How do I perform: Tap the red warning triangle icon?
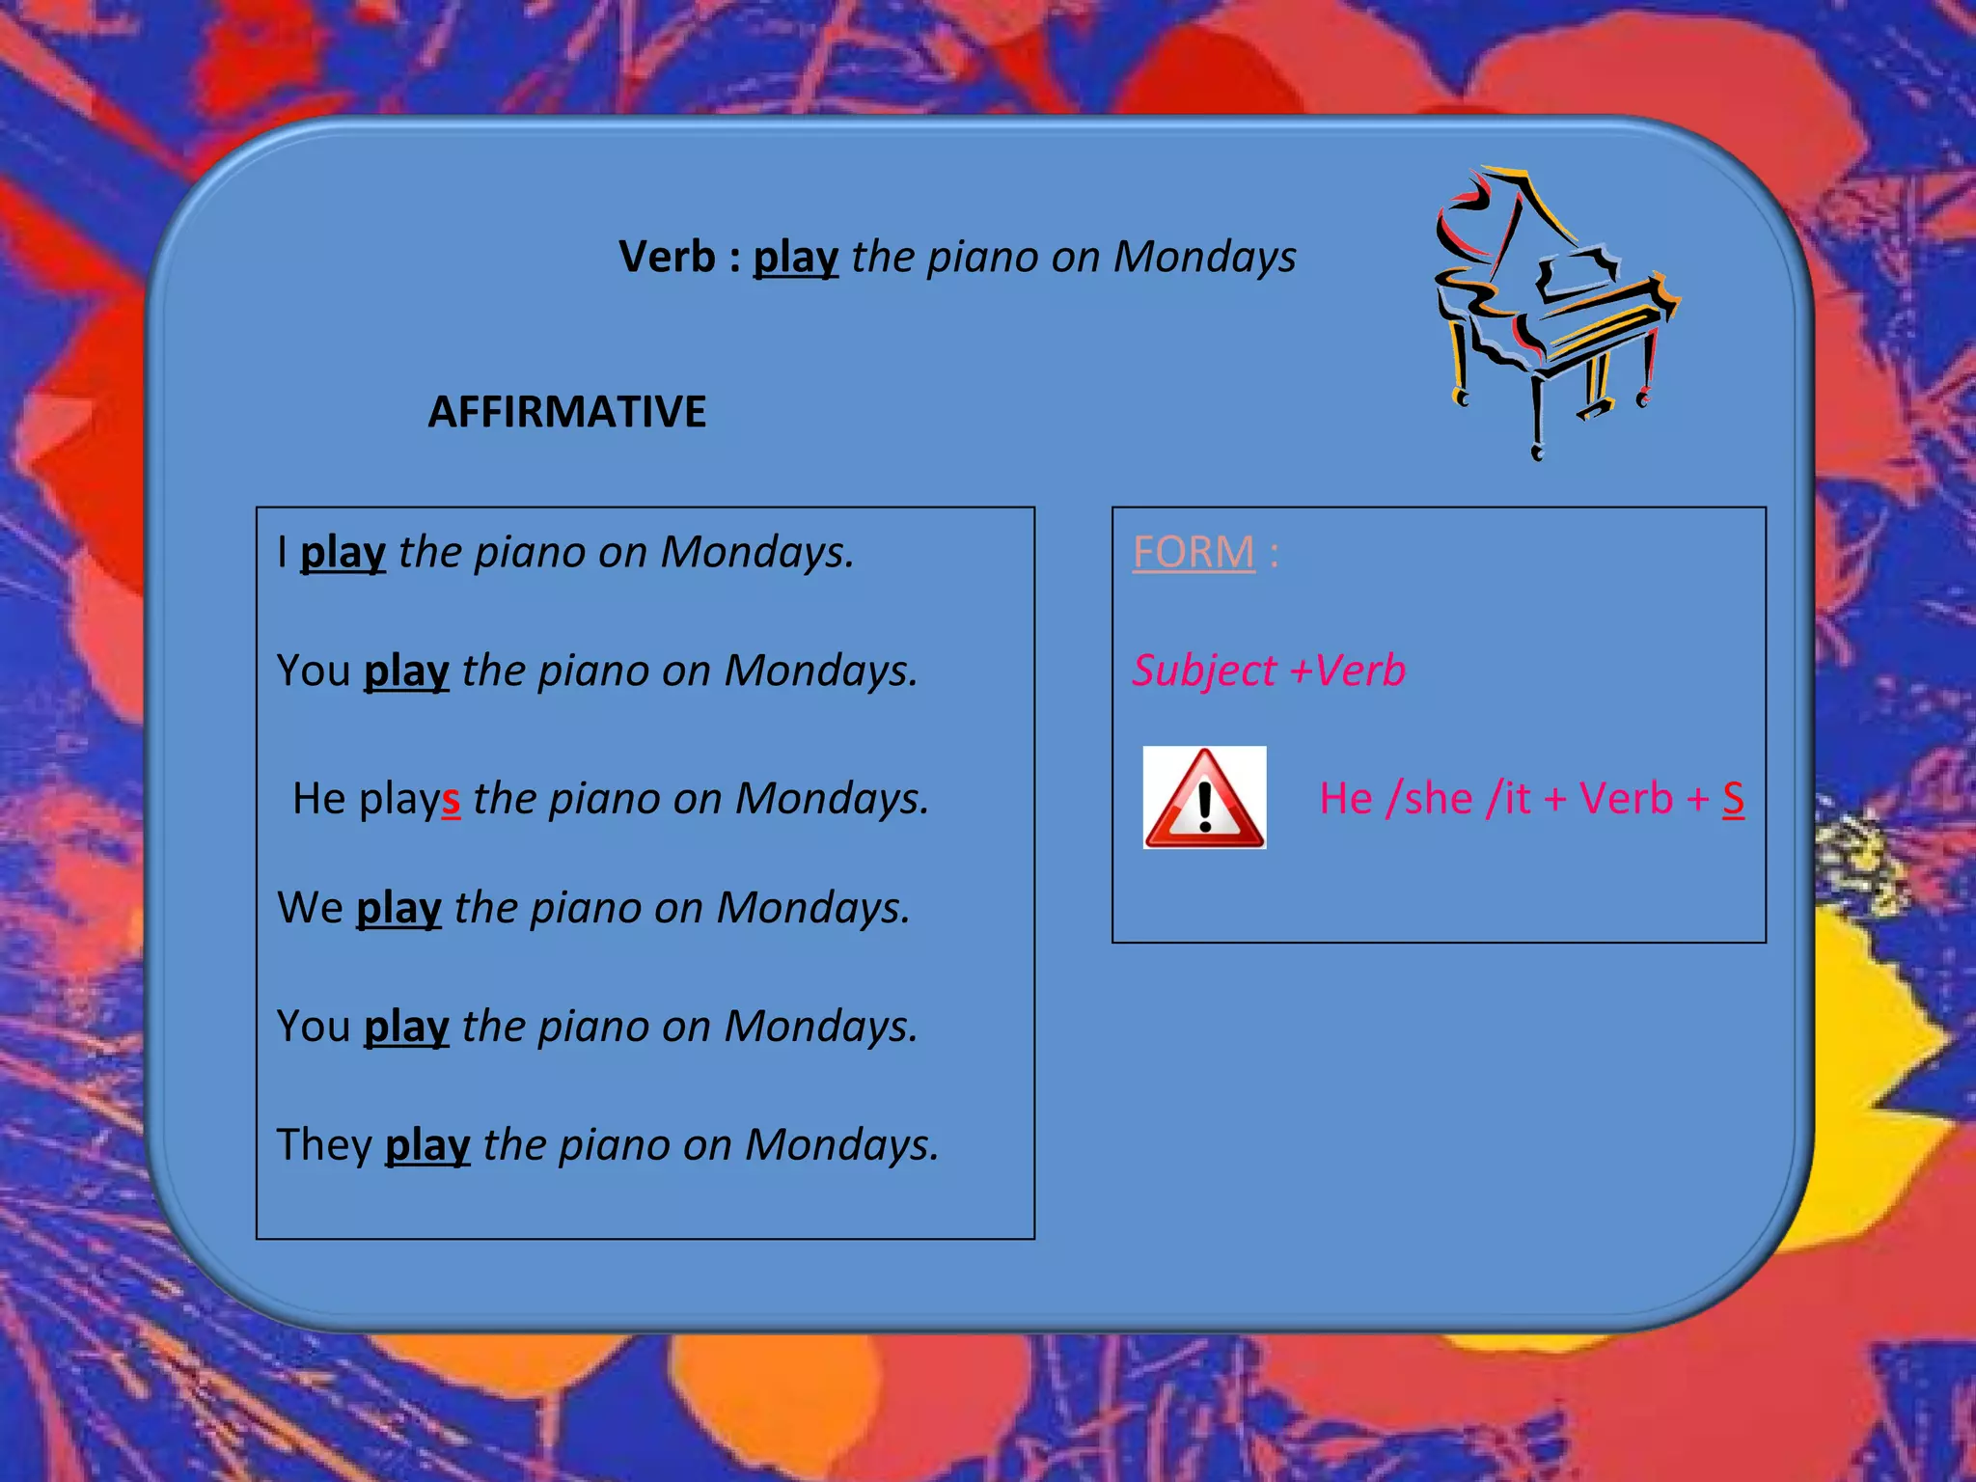1203,798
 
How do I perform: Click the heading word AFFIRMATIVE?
566,412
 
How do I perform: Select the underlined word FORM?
1194,552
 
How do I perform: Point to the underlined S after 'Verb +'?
1733,799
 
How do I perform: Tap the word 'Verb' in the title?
667,257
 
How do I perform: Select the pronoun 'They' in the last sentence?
324,1145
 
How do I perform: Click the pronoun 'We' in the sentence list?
310,908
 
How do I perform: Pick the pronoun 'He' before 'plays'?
318,799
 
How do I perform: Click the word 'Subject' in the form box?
1203,671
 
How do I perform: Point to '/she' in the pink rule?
1429,799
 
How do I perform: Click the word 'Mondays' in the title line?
1204,257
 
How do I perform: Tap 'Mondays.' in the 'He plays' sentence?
832,799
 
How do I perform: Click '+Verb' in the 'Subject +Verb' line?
1347,671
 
